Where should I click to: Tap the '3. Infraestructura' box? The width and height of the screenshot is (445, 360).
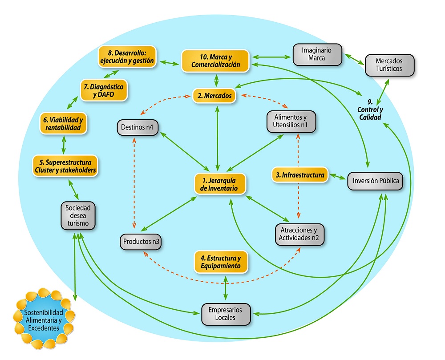coord(300,175)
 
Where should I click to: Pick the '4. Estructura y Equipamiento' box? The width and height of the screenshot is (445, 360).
coord(221,262)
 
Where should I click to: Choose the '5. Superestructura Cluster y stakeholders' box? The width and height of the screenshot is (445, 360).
coord(65,166)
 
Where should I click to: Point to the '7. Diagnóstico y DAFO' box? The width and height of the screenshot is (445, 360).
coord(104,90)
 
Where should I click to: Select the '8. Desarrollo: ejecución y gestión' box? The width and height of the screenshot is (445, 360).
coord(127,57)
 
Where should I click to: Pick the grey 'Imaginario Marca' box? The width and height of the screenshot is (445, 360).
coord(318,54)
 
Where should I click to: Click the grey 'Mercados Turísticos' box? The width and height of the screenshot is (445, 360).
coord(389,65)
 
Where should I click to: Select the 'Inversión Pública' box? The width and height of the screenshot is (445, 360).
coord(376,182)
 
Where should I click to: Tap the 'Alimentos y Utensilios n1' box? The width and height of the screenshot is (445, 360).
coord(291,121)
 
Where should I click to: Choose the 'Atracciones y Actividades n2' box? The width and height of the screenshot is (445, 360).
coord(300,234)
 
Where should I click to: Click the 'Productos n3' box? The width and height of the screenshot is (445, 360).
coord(141,242)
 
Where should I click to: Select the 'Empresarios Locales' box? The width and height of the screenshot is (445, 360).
coord(226,314)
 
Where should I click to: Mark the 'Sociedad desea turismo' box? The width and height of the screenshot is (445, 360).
coord(78,216)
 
